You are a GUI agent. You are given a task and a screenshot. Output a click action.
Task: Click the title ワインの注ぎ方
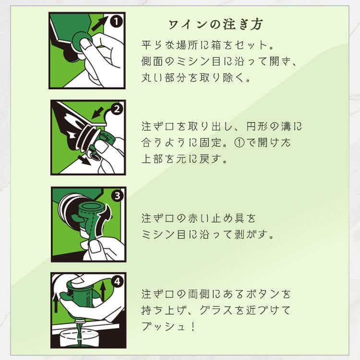[x=216, y=24]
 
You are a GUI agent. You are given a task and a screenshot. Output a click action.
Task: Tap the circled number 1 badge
[x=116, y=22]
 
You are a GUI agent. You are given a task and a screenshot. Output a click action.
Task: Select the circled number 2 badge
[x=117, y=109]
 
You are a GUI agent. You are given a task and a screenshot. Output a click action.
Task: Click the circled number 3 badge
[x=117, y=196]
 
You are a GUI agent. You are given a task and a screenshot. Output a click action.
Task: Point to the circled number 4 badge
[x=117, y=281]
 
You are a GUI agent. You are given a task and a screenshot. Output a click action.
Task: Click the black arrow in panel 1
[x=99, y=24]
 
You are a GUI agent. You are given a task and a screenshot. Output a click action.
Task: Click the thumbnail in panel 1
[x=85, y=44]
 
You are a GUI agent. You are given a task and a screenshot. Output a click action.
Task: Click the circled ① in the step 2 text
[x=240, y=143]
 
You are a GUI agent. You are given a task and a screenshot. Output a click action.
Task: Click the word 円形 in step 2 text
[x=257, y=127]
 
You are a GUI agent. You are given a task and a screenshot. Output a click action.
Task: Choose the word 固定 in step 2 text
[x=211, y=143]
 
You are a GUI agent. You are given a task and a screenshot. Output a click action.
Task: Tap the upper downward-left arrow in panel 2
[x=98, y=113]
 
